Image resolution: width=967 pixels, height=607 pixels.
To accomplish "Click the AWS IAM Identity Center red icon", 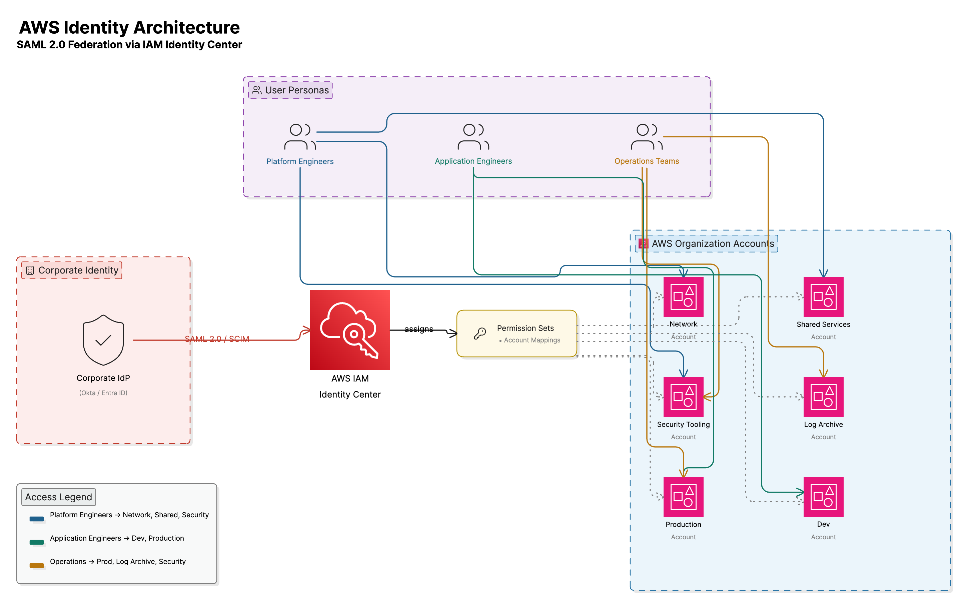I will pos(349,330).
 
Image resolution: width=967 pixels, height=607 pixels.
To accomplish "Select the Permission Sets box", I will pos(517,333).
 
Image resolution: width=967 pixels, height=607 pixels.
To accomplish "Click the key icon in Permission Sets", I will pos(479,333).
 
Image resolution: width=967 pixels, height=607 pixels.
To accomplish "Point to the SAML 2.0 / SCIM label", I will pos(217,339).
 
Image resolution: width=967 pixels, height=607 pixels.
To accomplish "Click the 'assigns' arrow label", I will pos(418,329).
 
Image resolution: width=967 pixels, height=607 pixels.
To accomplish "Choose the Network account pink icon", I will pos(683,297).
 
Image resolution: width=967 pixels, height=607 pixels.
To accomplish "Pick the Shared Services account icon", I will pos(823,297).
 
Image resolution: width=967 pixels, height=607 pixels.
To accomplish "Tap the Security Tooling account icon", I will pos(683,397).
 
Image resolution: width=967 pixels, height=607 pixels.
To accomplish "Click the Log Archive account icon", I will pos(823,397).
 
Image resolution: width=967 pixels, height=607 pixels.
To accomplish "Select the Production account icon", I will pos(683,497).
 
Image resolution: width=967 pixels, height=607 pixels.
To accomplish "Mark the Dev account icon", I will pos(823,497).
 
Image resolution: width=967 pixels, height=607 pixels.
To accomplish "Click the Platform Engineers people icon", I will pos(300,136).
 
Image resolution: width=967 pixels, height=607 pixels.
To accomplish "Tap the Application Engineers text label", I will pos(473,161).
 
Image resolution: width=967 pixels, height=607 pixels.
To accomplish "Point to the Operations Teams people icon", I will pos(647,136).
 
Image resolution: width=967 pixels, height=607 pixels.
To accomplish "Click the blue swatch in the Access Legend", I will pos(37,519).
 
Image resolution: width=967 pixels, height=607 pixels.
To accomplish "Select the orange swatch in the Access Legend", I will pos(37,565).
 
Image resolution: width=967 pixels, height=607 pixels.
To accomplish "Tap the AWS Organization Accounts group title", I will pos(712,243).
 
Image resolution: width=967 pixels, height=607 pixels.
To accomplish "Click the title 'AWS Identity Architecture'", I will pos(129,27).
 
